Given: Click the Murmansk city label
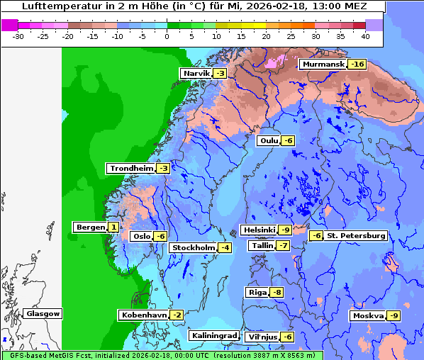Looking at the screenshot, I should click(323, 64).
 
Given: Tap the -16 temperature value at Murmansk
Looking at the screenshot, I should click(357, 64).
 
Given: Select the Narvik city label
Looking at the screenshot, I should click(196, 74).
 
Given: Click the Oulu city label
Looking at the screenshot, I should click(269, 140).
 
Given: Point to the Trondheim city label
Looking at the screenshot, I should click(131, 169).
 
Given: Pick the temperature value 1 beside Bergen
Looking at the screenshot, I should click(113, 227).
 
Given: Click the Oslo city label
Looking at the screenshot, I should click(141, 237).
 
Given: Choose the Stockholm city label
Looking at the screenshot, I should click(193, 247).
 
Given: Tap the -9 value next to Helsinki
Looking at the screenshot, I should click(284, 230).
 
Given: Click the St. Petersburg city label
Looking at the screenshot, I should click(356, 235).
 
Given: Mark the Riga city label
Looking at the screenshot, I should click(257, 293).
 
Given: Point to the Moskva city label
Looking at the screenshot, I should click(368, 315).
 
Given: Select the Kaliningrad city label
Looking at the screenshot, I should click(213, 335).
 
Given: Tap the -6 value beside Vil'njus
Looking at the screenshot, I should click(287, 337).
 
